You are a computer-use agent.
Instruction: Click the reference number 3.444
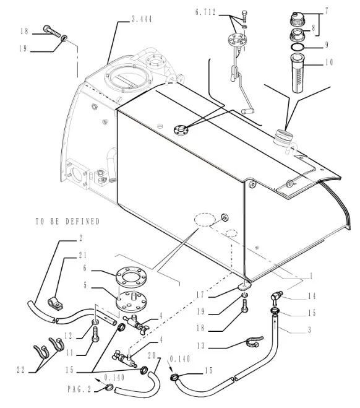142,19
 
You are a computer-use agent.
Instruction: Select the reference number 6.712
205,12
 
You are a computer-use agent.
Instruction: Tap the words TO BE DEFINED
68,222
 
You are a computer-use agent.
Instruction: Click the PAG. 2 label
80,389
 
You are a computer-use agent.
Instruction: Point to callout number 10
329,63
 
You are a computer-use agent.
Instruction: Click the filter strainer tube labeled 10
298,73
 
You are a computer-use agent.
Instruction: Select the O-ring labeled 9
297,48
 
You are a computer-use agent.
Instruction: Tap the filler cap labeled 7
297,19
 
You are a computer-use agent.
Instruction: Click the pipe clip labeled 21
56,303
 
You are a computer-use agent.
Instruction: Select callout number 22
21,370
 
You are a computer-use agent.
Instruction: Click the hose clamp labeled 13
254,342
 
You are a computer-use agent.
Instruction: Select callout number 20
152,356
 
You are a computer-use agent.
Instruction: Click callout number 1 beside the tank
311,276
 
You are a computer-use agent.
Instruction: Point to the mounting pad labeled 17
244,287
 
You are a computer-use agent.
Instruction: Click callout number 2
80,238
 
